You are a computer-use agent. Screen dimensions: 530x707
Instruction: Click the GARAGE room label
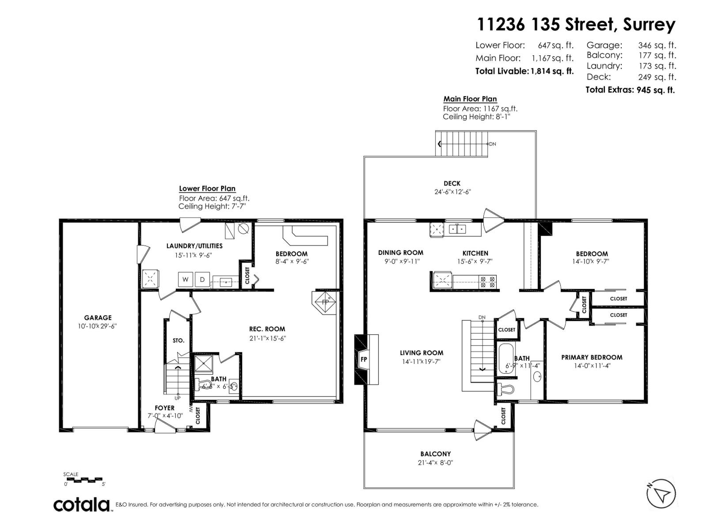tap(98, 318)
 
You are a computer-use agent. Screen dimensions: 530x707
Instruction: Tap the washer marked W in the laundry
tap(185, 280)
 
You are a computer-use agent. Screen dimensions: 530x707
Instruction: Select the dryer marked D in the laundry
tap(202, 280)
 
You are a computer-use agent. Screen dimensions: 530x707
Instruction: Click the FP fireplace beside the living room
tap(364, 359)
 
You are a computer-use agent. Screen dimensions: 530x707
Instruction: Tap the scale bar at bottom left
tap(83, 479)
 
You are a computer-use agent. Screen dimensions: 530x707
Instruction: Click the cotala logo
tap(82, 504)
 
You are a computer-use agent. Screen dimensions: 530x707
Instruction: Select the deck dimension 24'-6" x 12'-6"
tap(452, 192)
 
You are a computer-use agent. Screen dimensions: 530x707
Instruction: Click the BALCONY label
tap(435, 454)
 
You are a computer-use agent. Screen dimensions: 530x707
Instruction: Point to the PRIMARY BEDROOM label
tap(592, 357)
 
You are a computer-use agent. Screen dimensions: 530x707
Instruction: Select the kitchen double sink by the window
tap(457, 229)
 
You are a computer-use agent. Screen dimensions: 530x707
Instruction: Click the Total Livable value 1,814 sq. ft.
tap(551, 71)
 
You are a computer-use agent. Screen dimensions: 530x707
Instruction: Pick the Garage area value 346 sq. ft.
tap(657, 45)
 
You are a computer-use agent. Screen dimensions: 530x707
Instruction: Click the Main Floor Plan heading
tap(470, 99)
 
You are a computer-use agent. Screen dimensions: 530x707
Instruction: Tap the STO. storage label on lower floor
tap(178, 341)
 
